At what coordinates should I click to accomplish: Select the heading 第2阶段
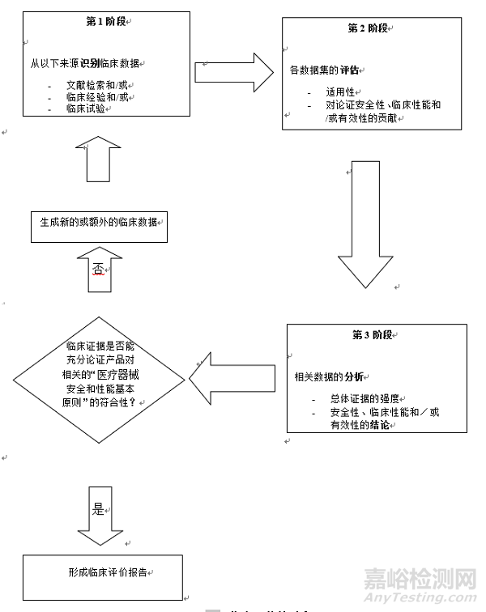click(x=367, y=28)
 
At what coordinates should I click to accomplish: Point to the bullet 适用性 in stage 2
click(x=343, y=93)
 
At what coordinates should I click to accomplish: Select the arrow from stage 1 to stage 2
click(x=234, y=72)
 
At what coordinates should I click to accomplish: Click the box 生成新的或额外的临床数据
click(x=99, y=223)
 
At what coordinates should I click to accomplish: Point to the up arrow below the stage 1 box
click(x=99, y=158)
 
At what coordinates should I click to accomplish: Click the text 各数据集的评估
click(x=325, y=70)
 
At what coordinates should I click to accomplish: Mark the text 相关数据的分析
click(x=330, y=377)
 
